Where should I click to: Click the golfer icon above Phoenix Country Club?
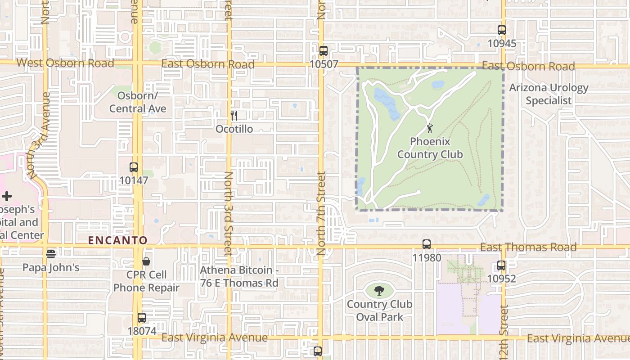click(x=430, y=128)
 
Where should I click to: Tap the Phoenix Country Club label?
click(x=430, y=148)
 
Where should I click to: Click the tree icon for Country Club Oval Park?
click(x=379, y=290)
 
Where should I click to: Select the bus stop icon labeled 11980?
click(x=426, y=244)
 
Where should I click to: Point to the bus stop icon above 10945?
click(x=501, y=31)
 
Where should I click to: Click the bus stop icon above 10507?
click(x=323, y=51)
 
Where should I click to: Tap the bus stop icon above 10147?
click(x=133, y=167)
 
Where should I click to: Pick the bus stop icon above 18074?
click(x=141, y=318)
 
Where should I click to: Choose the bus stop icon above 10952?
click(x=501, y=265)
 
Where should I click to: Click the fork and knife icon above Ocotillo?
click(x=234, y=116)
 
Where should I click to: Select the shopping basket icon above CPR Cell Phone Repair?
click(x=146, y=261)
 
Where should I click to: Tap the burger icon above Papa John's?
click(x=51, y=254)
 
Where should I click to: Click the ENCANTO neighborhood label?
click(x=118, y=240)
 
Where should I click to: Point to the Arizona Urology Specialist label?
click(x=549, y=94)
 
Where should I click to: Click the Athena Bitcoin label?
click(x=239, y=276)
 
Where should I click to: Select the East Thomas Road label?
click(x=528, y=247)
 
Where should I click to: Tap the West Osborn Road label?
click(x=65, y=63)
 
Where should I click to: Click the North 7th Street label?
click(x=321, y=213)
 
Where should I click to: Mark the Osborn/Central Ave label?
click(x=138, y=102)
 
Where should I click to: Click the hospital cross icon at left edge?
click(x=6, y=196)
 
